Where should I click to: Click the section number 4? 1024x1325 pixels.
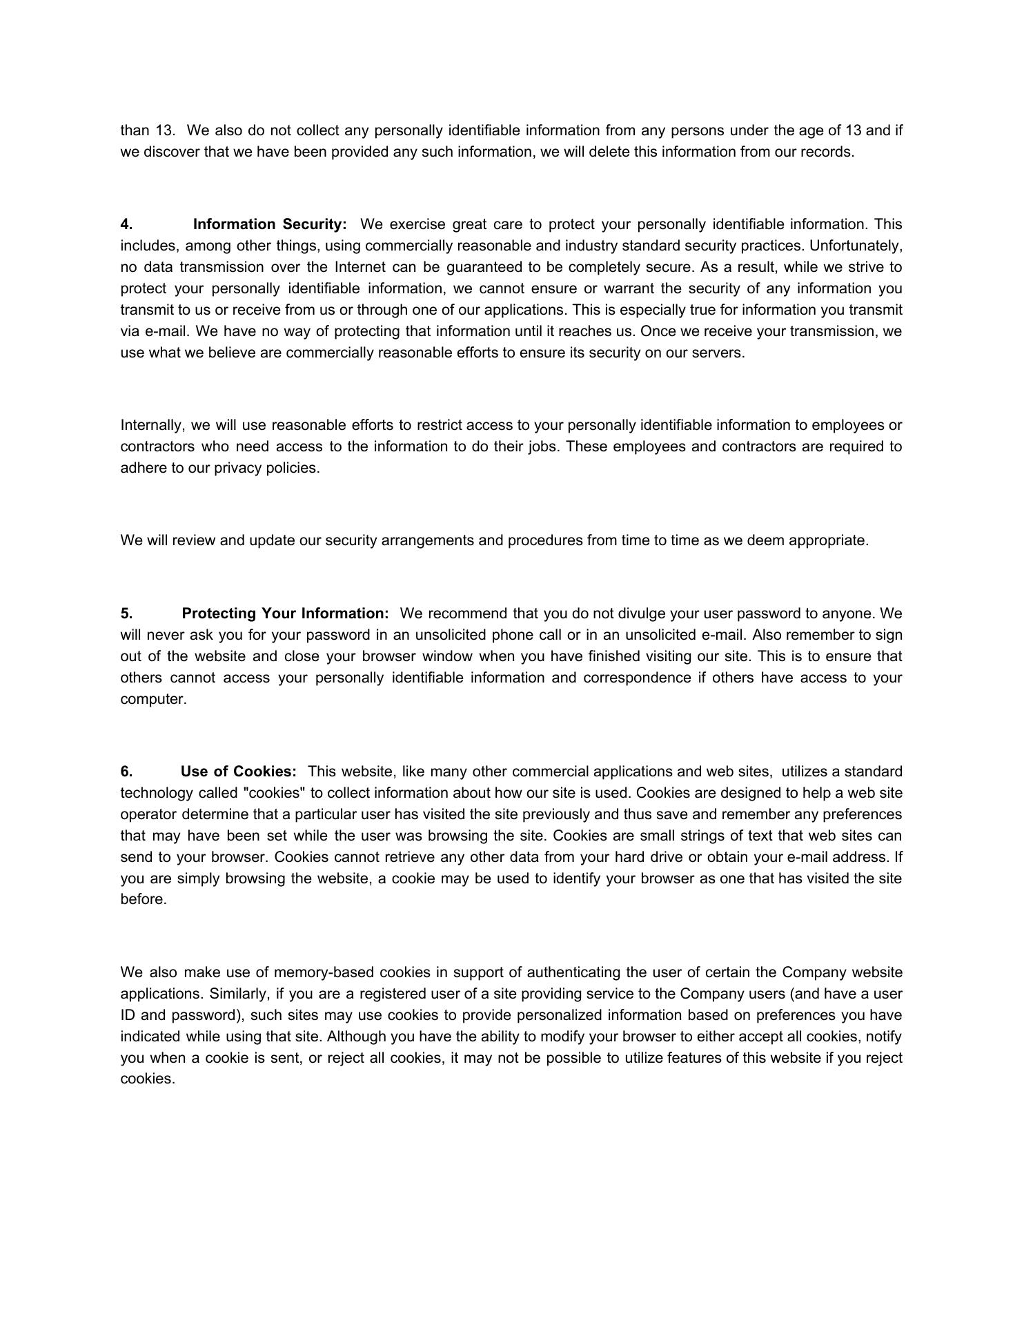point(126,224)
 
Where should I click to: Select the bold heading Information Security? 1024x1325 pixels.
point(270,224)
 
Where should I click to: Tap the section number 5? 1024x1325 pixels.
point(126,614)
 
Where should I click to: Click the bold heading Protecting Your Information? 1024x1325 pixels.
point(285,614)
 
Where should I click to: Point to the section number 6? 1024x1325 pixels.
point(126,771)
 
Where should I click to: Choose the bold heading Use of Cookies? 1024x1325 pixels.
point(238,771)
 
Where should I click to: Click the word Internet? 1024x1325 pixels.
point(359,267)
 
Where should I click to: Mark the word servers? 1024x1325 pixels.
point(721,353)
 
